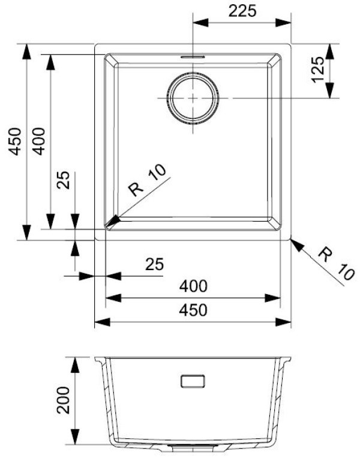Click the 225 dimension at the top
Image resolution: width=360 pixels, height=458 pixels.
(242, 10)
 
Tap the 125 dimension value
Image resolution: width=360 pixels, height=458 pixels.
(319, 69)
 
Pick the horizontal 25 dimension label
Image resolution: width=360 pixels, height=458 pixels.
(154, 264)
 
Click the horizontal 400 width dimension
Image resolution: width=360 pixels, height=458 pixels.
(194, 286)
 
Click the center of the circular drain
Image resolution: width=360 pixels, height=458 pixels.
(193, 97)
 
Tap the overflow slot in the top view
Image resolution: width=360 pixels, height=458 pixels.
(193, 55)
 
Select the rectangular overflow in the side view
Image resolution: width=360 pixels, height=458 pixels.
(193, 381)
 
